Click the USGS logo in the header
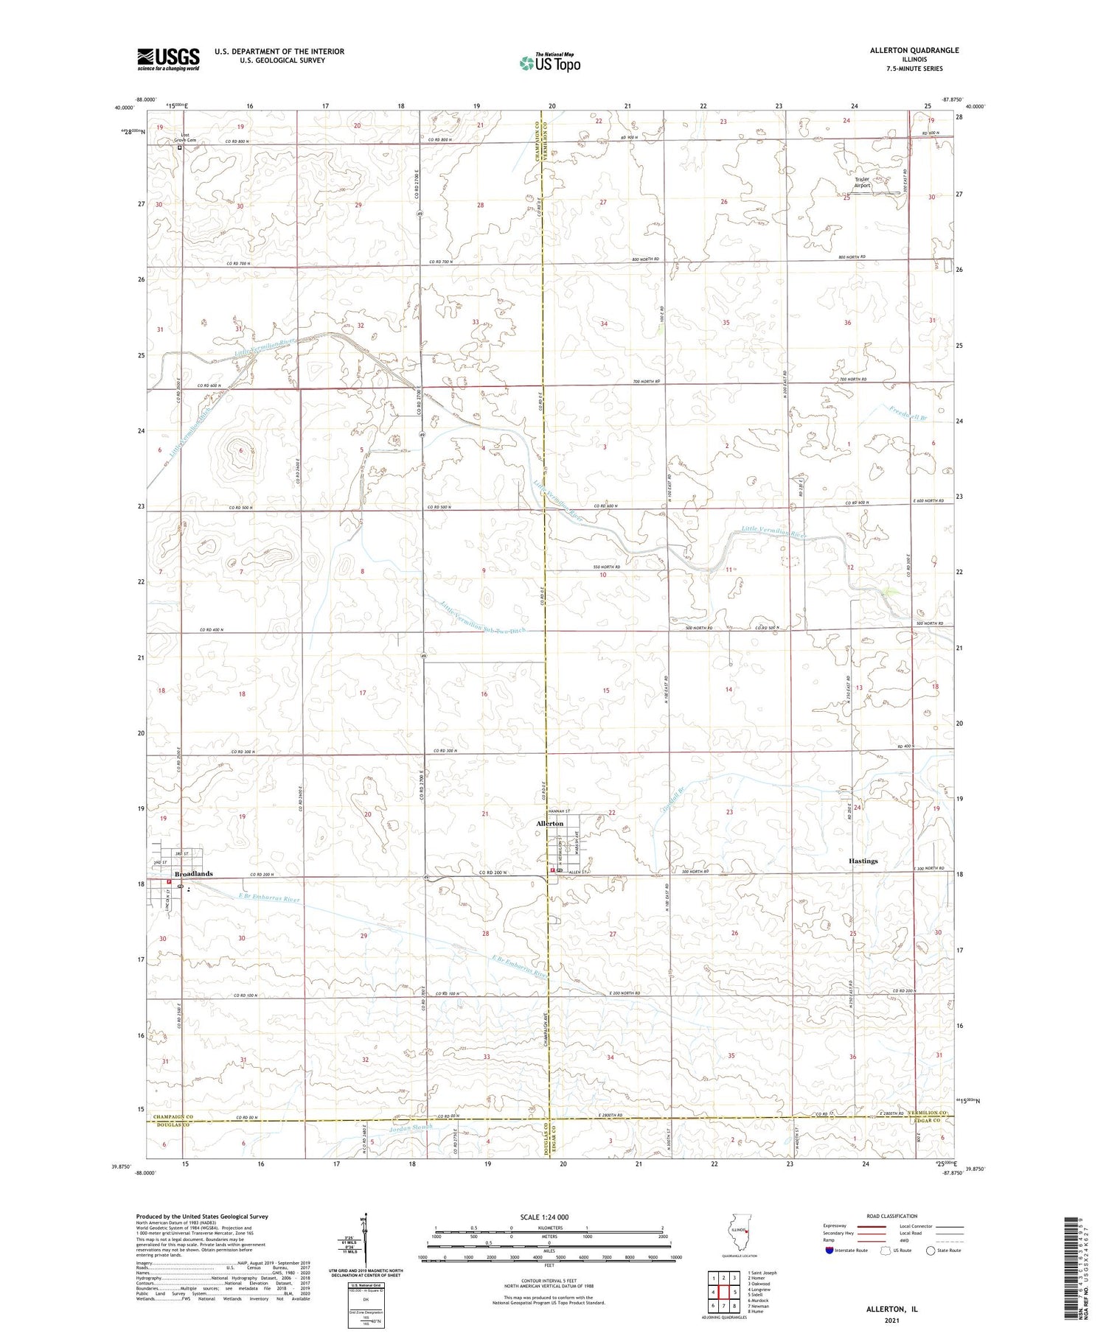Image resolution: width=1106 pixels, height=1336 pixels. (x=168, y=59)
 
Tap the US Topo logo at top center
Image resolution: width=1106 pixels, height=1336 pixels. (x=549, y=63)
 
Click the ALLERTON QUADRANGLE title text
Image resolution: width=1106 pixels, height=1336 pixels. (x=914, y=50)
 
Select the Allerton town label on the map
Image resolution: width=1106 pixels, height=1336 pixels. (x=549, y=823)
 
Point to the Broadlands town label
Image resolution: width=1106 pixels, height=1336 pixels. (x=193, y=873)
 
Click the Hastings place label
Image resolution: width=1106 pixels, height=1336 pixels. (x=863, y=861)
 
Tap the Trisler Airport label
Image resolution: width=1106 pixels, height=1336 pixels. (x=862, y=182)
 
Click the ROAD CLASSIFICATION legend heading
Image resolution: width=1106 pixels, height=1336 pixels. (x=892, y=1216)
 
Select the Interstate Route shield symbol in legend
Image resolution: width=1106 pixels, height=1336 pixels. (x=829, y=1251)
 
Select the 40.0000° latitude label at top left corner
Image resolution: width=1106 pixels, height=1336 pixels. (x=124, y=108)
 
